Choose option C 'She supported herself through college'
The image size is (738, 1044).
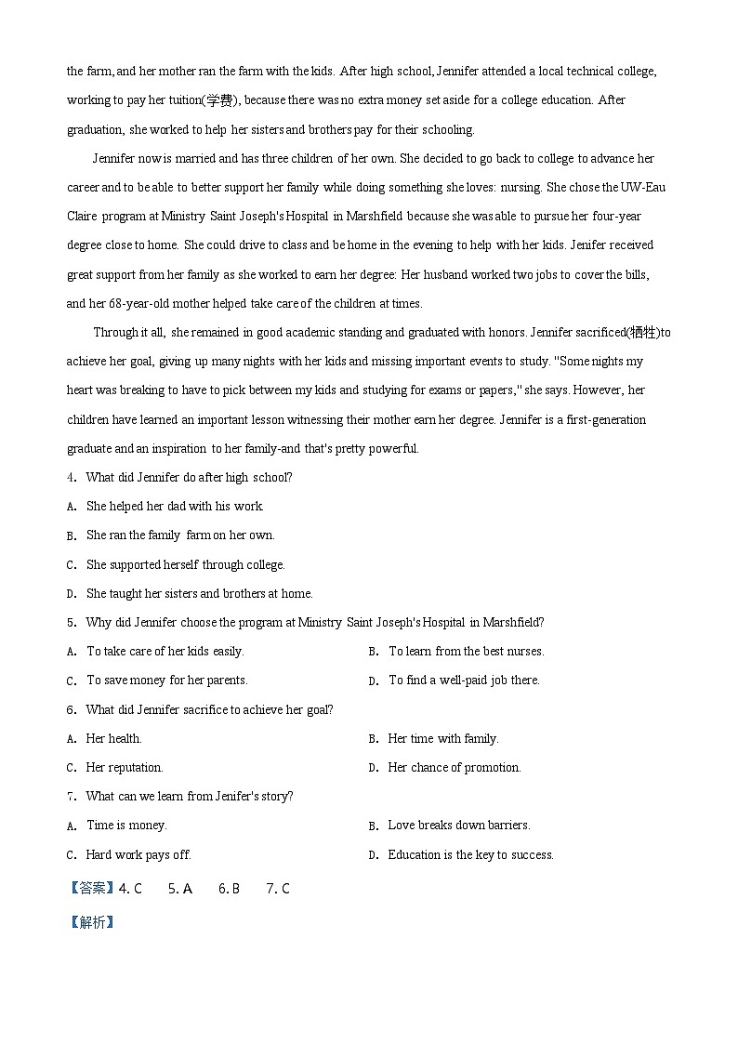coord(185,564)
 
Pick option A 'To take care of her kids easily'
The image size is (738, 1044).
coord(165,652)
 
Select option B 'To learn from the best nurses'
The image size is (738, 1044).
coord(465,652)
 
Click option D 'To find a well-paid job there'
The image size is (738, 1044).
coord(463,681)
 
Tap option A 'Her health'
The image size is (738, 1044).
coord(113,739)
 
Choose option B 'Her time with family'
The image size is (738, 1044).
coord(442,739)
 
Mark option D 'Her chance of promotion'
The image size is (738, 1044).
coord(454,768)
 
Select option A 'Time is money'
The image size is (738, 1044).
coord(125,826)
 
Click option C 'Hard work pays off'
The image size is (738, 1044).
coord(138,855)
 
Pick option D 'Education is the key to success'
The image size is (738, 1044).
coord(469,855)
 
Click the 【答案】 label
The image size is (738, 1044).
coord(92,889)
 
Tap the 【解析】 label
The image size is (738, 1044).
coord(92,922)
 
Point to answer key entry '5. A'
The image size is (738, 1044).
coord(179,889)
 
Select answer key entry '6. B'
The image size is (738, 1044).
coord(229,889)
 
